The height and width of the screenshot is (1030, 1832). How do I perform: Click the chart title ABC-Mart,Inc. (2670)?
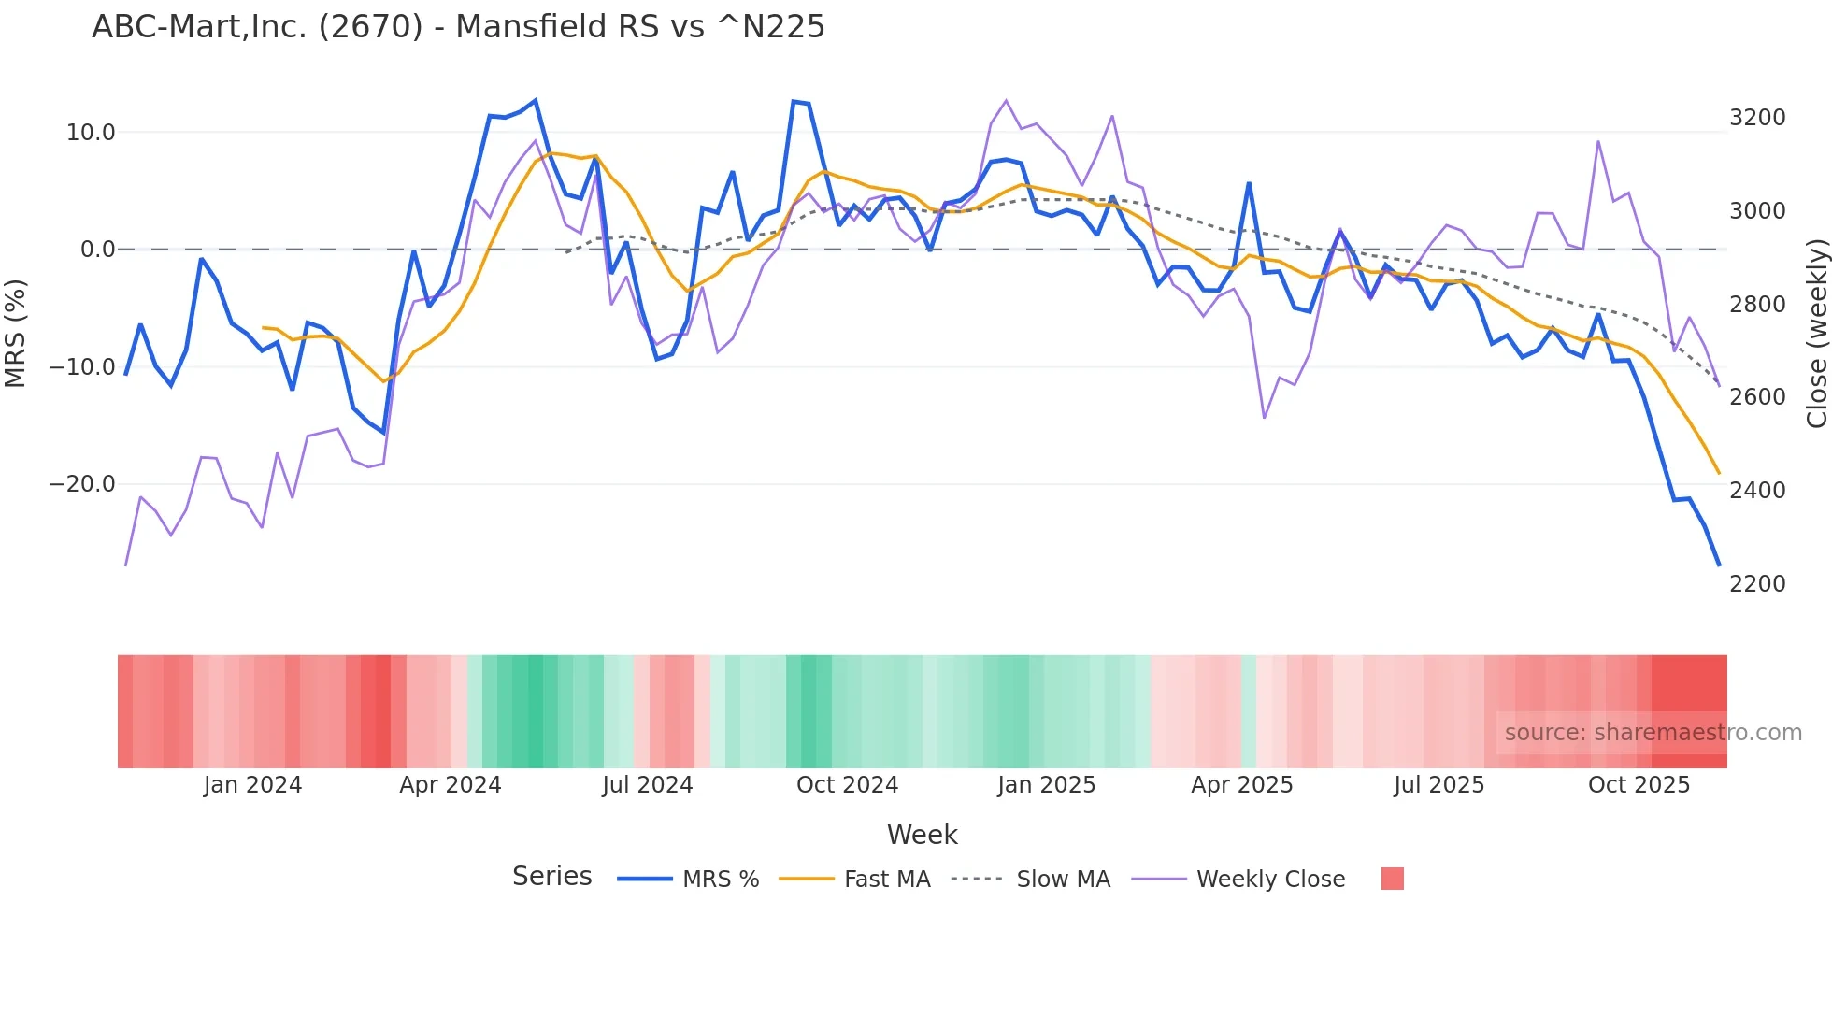[458, 27]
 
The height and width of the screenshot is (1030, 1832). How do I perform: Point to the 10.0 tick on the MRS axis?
[91, 133]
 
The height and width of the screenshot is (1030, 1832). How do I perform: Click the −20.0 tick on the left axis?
[82, 484]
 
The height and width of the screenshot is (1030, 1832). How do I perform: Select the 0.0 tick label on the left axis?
[98, 250]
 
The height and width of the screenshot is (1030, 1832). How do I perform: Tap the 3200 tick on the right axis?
[1757, 118]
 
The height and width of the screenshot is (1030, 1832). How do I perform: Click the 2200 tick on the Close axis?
[1757, 584]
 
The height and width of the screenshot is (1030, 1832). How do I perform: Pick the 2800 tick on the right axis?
[1757, 305]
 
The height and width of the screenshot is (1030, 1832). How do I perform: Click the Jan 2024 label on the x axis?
[252, 785]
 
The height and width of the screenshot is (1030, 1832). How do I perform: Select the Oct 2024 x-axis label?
[847, 785]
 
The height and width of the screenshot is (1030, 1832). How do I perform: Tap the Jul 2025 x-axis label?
[1438, 785]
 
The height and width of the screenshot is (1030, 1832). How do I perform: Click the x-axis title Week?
[922, 835]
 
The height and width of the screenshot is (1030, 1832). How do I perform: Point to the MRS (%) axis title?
[16, 333]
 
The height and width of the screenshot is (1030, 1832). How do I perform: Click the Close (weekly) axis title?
[1816, 334]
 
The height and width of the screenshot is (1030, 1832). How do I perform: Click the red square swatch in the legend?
[1392, 879]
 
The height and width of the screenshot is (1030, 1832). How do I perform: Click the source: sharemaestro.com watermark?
[1653, 733]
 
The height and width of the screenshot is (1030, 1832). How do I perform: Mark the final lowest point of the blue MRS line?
[1719, 565]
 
